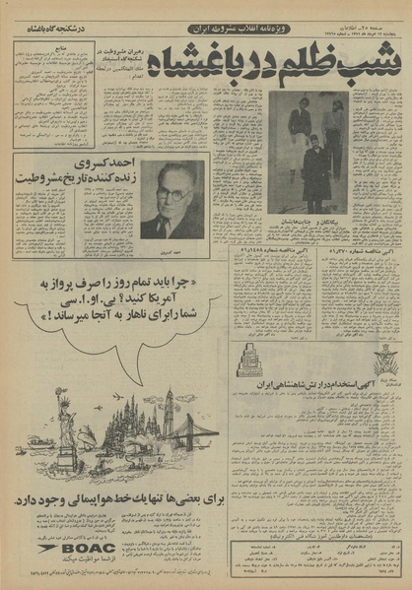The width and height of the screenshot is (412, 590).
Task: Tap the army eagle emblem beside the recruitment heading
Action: tap(386, 365)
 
